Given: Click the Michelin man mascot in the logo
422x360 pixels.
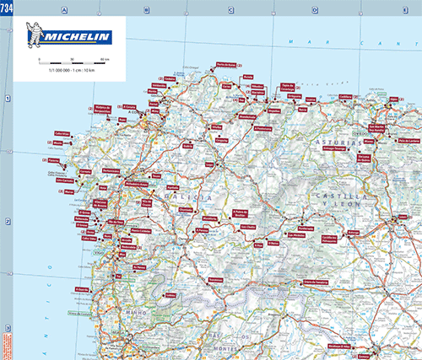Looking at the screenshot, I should point(32,37).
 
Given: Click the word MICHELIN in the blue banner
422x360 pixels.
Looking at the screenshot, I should point(79,37).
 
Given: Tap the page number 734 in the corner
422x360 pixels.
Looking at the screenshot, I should point(5,6).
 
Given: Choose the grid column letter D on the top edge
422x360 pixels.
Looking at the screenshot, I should point(314,10).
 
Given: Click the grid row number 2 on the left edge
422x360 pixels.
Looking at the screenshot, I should point(7,223).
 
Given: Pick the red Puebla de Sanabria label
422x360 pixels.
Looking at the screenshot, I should point(315,282).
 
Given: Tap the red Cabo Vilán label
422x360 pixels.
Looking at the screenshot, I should point(62,133).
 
